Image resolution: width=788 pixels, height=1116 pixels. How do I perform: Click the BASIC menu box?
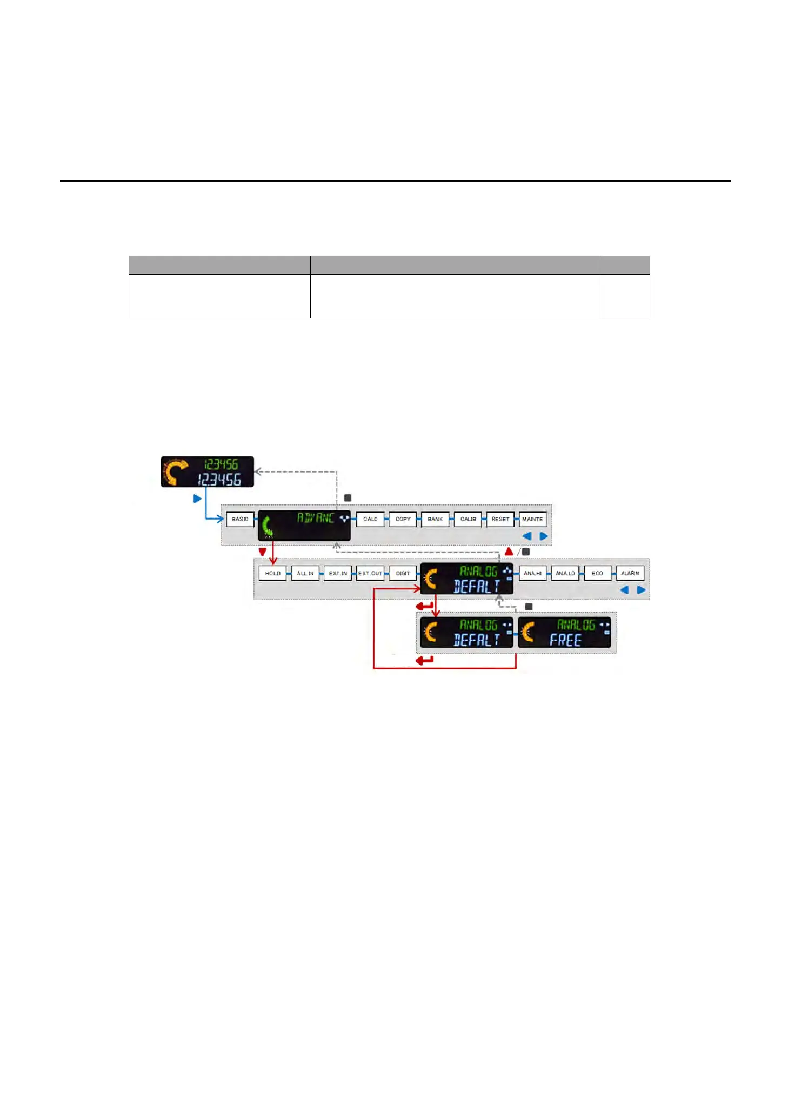coord(240,519)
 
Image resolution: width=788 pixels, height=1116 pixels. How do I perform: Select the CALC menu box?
coord(370,519)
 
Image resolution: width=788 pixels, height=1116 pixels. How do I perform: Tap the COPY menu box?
coord(403,519)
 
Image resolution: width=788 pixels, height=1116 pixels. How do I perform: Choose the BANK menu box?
coord(435,519)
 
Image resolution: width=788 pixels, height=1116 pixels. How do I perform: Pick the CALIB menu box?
coord(468,519)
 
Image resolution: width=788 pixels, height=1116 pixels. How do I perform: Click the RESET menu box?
coord(500,519)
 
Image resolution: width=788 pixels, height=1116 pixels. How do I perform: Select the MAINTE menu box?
coord(532,519)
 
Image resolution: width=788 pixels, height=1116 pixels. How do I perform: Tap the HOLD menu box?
coord(273,573)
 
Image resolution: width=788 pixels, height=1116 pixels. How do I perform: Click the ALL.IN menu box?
coord(305,573)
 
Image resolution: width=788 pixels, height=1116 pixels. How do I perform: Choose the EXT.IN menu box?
coord(338,573)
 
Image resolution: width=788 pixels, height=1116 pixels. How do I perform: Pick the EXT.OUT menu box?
coord(370,573)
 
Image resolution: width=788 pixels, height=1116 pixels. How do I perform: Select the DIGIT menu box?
coord(403,573)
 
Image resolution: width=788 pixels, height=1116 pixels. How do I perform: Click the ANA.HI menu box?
coord(532,573)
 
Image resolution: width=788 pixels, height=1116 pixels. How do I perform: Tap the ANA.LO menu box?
coord(565,573)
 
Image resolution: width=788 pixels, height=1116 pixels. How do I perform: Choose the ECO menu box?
coord(597,573)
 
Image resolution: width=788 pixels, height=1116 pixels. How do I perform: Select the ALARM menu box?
coord(630,573)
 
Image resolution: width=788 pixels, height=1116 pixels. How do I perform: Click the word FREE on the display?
coord(565,640)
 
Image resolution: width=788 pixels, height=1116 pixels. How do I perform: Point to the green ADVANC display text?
coord(316,518)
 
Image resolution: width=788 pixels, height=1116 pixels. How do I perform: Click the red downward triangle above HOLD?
coord(263,552)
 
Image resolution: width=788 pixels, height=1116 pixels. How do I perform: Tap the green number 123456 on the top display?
coord(221,464)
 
